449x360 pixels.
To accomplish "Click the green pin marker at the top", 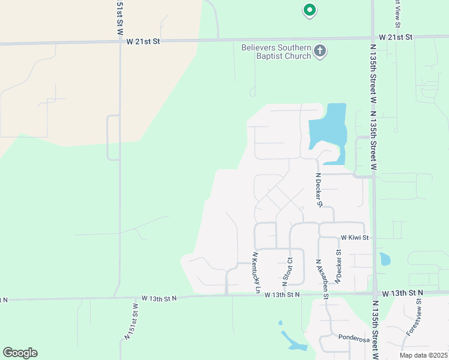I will pyautogui.click(x=309, y=10).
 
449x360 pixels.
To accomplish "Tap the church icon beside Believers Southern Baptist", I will pyautogui.click(x=320, y=52).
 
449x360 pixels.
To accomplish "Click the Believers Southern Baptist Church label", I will pyautogui.click(x=276, y=52).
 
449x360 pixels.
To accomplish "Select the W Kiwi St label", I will pyautogui.click(x=354, y=238).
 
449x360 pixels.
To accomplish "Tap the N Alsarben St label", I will pyautogui.click(x=322, y=278).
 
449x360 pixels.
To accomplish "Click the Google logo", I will pyautogui.click(x=20, y=353).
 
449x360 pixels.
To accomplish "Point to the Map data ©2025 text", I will pyautogui.click(x=423, y=355).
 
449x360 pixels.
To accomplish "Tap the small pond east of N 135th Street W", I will pyautogui.click(x=384, y=260).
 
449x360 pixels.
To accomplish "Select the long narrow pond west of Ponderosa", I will pyautogui.click(x=292, y=341).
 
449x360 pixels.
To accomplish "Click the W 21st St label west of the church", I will pyautogui.click(x=143, y=41).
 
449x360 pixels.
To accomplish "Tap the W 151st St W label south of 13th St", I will pyautogui.click(x=130, y=322).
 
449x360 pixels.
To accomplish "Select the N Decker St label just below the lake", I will pyautogui.click(x=319, y=190).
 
